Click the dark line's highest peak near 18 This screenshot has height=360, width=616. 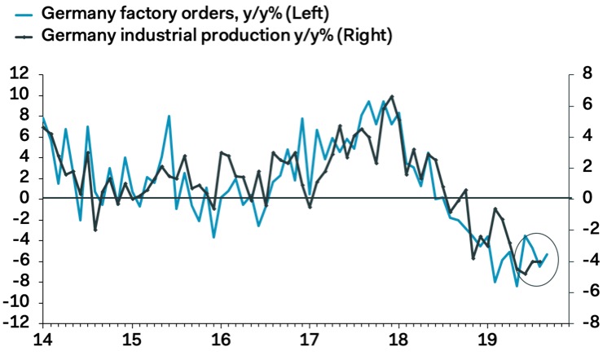coord(393,96)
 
